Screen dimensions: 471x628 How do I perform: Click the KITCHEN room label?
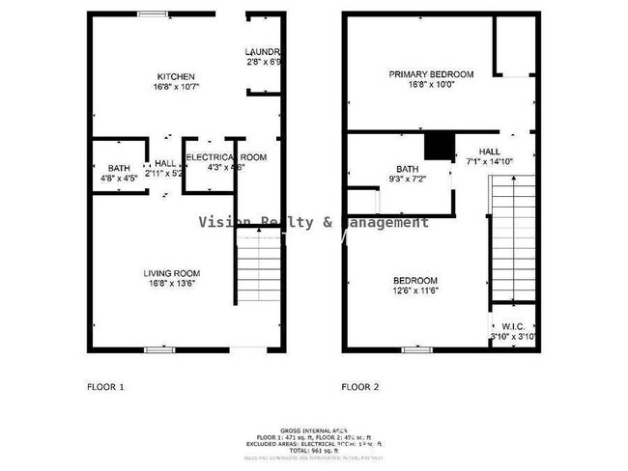pyautogui.click(x=177, y=76)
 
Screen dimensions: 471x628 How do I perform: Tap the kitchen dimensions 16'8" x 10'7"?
pyautogui.click(x=177, y=87)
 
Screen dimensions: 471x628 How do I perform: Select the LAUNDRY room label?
pyautogui.click(x=263, y=51)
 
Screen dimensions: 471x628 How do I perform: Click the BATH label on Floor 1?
pyautogui.click(x=118, y=167)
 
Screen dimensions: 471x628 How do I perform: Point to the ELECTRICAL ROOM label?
pyautogui.click(x=225, y=156)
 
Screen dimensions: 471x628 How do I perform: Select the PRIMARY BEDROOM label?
pyautogui.click(x=431, y=74)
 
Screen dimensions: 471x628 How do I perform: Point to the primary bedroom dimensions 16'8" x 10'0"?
pyautogui.click(x=431, y=85)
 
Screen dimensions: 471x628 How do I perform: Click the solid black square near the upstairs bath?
pyautogui.click(x=441, y=144)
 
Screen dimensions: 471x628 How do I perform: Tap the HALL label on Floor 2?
pyautogui.click(x=489, y=152)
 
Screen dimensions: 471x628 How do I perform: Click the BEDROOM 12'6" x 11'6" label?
pyautogui.click(x=414, y=280)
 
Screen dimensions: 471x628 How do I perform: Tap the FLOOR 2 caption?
pyautogui.click(x=359, y=388)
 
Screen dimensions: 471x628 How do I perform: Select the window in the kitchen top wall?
pyautogui.click(x=151, y=14)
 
